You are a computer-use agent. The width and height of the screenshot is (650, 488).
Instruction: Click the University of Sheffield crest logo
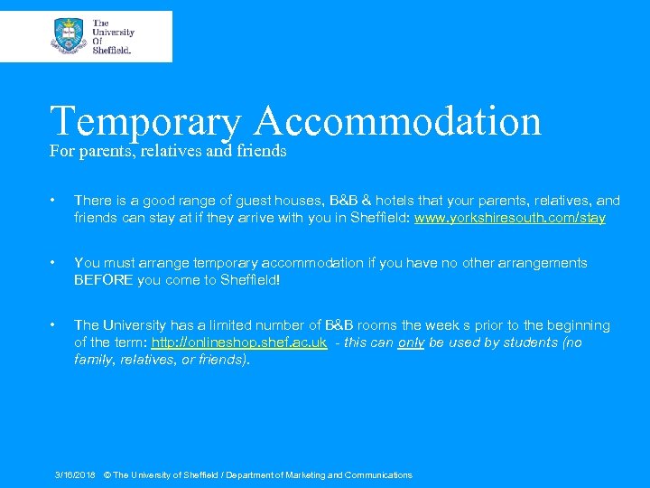pyautogui.click(x=69, y=35)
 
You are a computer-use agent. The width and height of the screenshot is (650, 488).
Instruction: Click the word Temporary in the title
pyautogui.click(x=144, y=121)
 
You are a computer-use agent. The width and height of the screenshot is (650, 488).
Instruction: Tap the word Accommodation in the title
pyautogui.click(x=398, y=121)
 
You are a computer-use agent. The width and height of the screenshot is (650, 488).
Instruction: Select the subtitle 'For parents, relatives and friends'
pyautogui.click(x=168, y=152)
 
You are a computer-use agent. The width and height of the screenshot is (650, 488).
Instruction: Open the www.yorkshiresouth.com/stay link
pyautogui.click(x=510, y=218)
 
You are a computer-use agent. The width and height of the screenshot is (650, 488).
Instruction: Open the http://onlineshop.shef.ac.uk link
pyautogui.click(x=239, y=343)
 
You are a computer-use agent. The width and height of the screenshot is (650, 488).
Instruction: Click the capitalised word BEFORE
pyautogui.click(x=104, y=280)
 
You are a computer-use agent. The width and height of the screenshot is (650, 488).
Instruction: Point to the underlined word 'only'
pyautogui.click(x=411, y=343)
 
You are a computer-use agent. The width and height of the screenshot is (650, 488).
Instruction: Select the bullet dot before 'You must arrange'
pyautogui.click(x=55, y=263)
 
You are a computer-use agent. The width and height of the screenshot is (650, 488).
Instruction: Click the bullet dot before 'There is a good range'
pyautogui.click(x=55, y=201)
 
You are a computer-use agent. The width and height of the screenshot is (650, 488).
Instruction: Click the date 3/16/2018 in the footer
pyautogui.click(x=75, y=475)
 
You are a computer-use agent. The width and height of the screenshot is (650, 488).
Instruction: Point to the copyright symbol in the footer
pyautogui.click(x=107, y=475)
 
